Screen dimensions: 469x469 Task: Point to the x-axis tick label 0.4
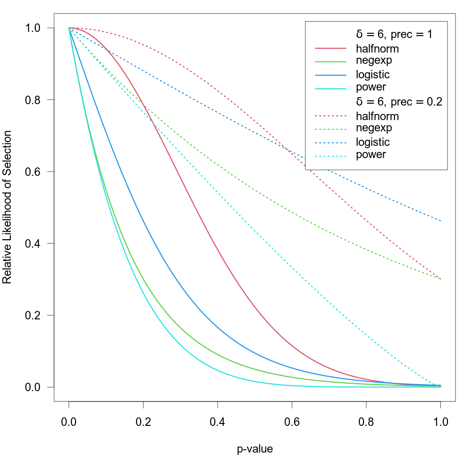tap(217, 421)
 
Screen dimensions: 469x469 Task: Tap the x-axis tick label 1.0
tap(440, 421)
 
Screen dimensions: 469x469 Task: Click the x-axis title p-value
tap(255, 449)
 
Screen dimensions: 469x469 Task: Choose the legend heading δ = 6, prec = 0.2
tap(399, 102)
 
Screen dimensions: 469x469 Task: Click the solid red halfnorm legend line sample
tap(330, 48)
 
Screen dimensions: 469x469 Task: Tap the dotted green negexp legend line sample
tap(330, 128)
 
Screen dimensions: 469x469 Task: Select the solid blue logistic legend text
tap(372, 75)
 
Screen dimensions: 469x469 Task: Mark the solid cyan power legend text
tap(371, 87)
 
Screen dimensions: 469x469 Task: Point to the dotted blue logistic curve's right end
tap(440, 221)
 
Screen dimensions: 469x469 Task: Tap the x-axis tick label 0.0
tap(69, 421)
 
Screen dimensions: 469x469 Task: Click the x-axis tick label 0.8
tap(366, 421)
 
